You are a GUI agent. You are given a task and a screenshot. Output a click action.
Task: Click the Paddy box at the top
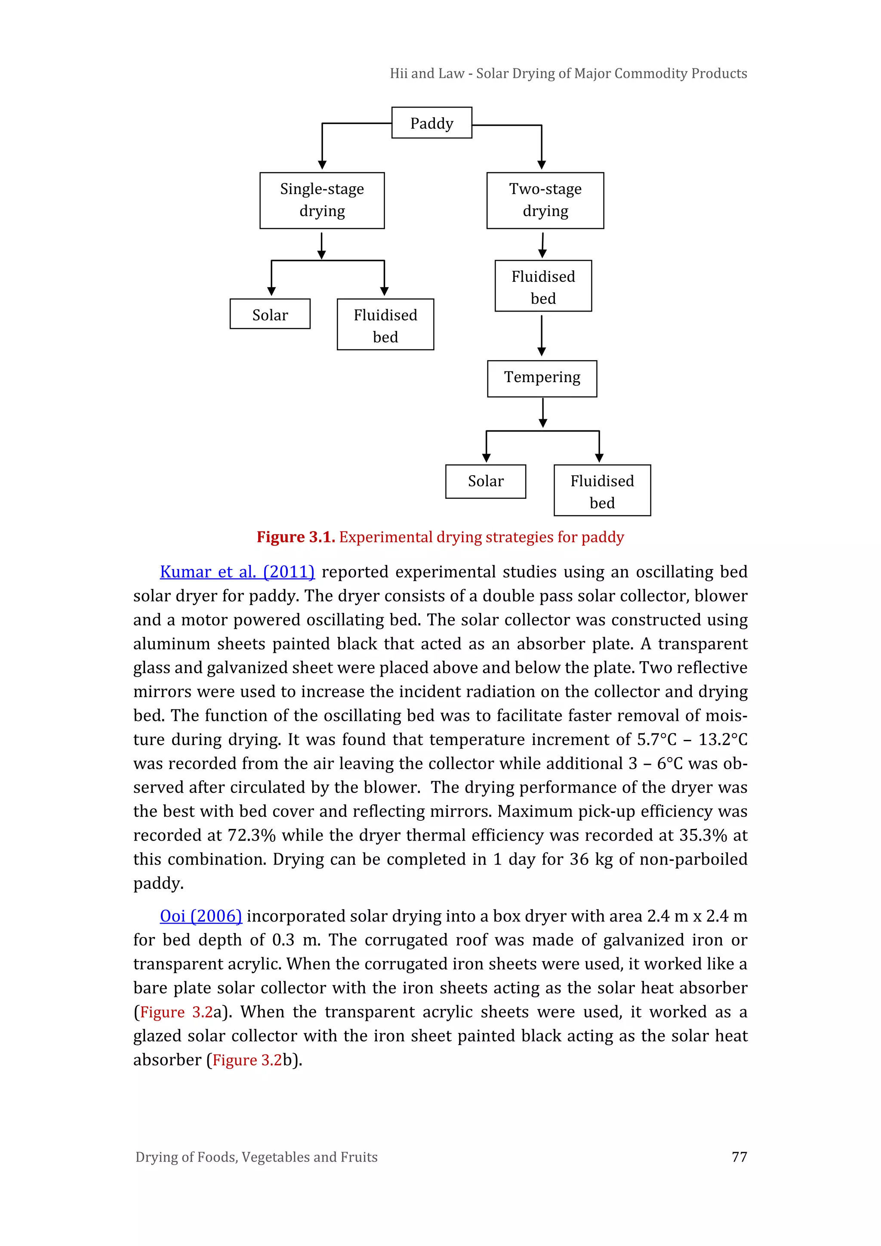click(431, 123)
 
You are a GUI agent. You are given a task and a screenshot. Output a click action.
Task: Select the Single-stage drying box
click(322, 200)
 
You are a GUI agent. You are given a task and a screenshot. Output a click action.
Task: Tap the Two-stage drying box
click(545, 200)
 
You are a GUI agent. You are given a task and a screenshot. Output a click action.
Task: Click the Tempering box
click(542, 378)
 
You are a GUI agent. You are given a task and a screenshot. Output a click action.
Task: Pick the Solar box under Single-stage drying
click(270, 314)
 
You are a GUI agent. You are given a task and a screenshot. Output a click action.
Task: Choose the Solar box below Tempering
click(486, 481)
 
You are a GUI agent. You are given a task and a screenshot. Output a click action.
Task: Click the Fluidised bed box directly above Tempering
click(542, 286)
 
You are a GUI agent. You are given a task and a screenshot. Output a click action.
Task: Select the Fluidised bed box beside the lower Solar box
click(602, 491)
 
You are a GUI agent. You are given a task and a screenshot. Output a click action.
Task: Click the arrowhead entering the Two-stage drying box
click(542, 164)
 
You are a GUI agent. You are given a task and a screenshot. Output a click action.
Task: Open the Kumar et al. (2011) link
click(237, 572)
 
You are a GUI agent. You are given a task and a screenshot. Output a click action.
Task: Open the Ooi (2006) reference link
click(201, 916)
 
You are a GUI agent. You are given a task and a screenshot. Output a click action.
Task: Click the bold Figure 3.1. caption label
click(296, 537)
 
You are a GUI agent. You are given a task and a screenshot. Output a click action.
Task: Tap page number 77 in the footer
click(739, 1157)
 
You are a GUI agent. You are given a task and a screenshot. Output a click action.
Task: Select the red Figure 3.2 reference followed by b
click(247, 1060)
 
